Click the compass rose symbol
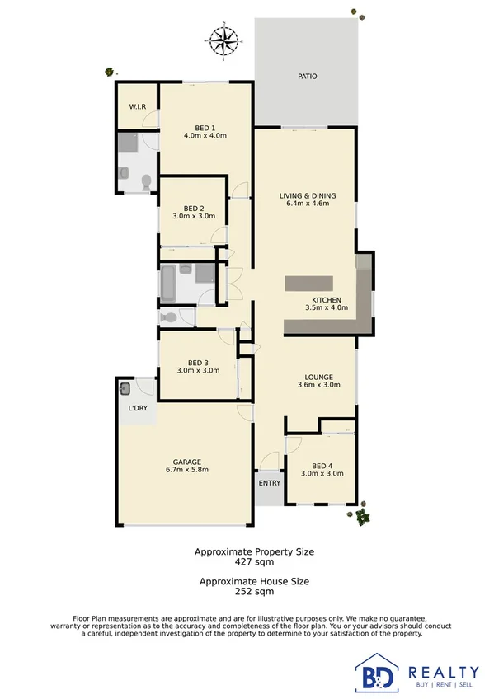pyautogui.click(x=222, y=39)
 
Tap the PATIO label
pyautogui.click(x=307, y=77)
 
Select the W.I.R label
pyautogui.click(x=137, y=107)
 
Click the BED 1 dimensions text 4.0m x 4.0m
pyautogui.click(x=205, y=135)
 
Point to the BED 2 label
pyautogui.click(x=194, y=208)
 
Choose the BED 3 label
pyautogui.click(x=197, y=362)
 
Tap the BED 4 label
pyautogui.click(x=322, y=465)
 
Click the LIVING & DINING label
pyautogui.click(x=308, y=195)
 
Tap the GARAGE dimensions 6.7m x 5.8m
pyautogui.click(x=187, y=470)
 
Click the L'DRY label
pyautogui.click(x=136, y=409)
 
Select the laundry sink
pyautogui.click(x=126, y=388)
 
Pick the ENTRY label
pyautogui.click(x=269, y=483)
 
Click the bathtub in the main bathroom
pyautogui.click(x=168, y=284)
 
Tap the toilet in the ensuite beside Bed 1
pyautogui.click(x=145, y=181)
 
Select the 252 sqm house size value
pyautogui.click(x=253, y=591)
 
